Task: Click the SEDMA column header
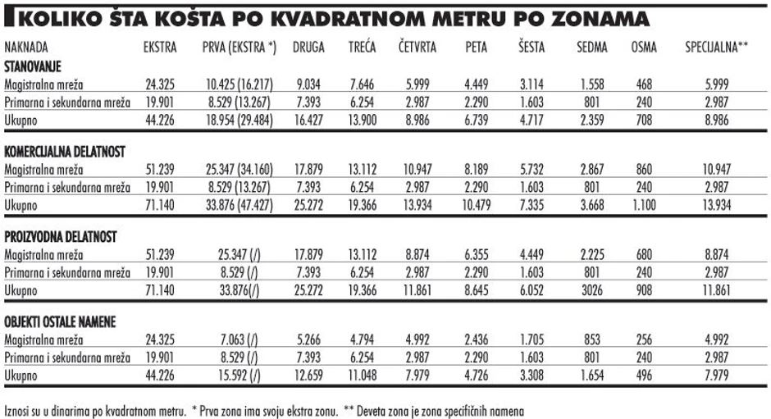[591, 48]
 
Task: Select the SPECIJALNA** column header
[717, 48]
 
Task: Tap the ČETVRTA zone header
[417, 48]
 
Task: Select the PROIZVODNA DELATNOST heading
[59, 237]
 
